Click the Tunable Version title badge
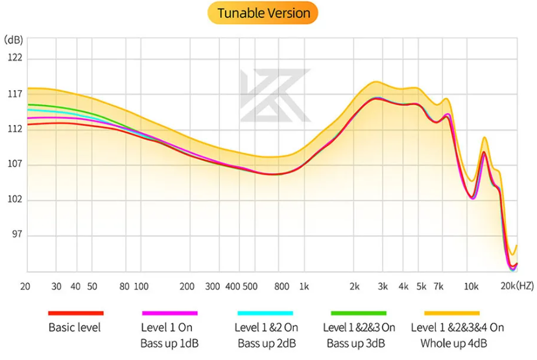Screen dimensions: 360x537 click(263, 13)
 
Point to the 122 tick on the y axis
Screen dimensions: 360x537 click(14, 58)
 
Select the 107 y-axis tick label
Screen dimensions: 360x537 click(14, 164)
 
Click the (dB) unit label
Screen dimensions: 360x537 click(14, 40)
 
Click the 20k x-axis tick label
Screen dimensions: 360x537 click(508, 286)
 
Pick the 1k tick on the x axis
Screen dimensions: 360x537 click(304, 286)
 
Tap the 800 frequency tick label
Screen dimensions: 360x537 click(281, 286)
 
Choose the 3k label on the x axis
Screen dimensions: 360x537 click(383, 286)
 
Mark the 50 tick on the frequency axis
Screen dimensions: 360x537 click(91, 286)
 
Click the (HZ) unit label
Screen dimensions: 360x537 click(526, 286)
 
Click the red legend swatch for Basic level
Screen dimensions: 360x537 click(75, 313)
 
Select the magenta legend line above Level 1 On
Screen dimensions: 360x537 click(169, 313)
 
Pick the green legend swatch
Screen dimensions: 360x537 click(359, 313)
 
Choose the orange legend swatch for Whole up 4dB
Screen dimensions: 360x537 click(452, 313)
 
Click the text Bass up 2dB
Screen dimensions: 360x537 click(267, 342)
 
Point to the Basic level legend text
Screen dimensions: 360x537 click(75, 328)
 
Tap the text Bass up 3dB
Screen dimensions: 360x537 click(359, 342)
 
